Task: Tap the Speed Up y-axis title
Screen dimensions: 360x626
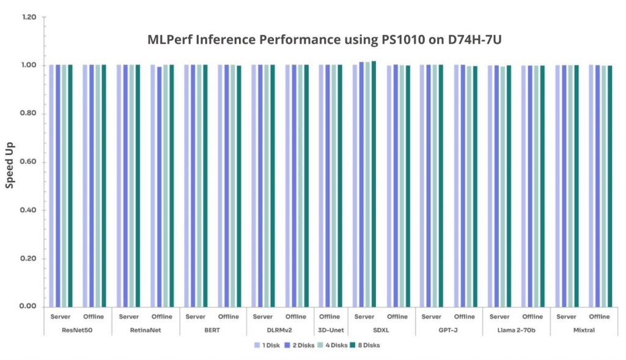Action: [x=10, y=165]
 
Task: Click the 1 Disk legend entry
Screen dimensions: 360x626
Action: [x=267, y=345]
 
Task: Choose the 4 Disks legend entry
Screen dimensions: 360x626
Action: [x=334, y=345]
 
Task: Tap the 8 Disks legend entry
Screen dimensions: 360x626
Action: [x=368, y=345]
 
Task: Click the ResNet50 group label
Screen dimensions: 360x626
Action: [x=78, y=330]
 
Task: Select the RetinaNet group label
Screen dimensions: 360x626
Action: [x=145, y=330]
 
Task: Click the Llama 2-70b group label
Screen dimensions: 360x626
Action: [x=516, y=330]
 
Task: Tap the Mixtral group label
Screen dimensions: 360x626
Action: [x=583, y=330]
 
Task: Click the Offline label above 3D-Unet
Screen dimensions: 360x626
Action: [x=330, y=317]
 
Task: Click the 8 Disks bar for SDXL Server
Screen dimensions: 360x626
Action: [x=374, y=183]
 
